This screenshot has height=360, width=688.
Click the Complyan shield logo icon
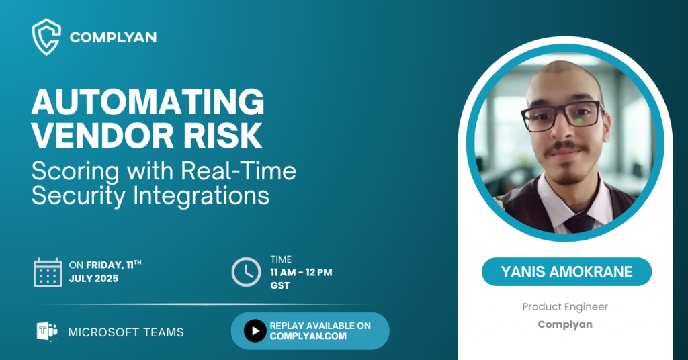click(x=46, y=37)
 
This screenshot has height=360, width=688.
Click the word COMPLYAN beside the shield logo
click(x=113, y=38)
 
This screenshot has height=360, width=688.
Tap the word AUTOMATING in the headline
click(x=148, y=101)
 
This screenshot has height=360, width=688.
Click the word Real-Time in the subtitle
click(x=239, y=171)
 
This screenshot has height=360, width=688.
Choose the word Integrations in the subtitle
click(x=201, y=195)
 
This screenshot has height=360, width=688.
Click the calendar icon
click(x=48, y=272)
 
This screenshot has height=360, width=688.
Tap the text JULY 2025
click(x=93, y=279)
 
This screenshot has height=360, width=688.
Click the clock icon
click(x=246, y=272)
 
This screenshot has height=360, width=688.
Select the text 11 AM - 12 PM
click(x=301, y=272)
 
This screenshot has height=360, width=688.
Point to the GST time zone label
click(x=280, y=285)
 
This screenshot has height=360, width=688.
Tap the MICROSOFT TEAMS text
click(x=126, y=332)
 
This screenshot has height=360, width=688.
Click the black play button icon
click(x=255, y=330)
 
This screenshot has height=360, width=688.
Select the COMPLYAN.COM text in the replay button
click(x=308, y=336)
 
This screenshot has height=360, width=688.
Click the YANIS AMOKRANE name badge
click(x=566, y=272)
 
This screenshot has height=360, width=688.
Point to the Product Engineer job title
click(x=565, y=306)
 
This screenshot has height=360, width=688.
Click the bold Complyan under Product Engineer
click(x=565, y=324)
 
